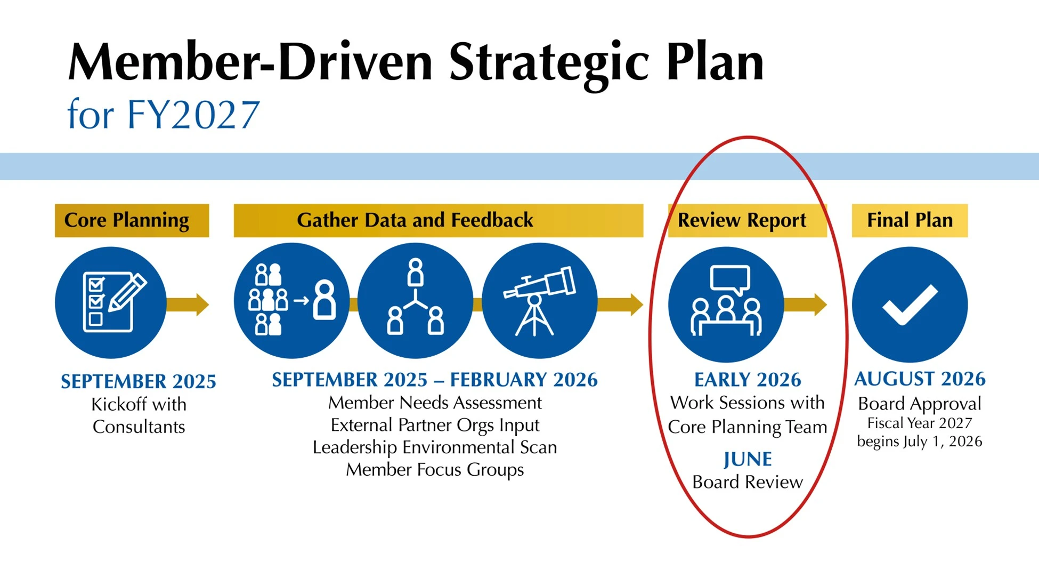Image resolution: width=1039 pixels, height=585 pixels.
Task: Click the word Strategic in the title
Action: click(548, 63)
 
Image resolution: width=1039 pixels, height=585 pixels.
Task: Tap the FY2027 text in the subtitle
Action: click(193, 115)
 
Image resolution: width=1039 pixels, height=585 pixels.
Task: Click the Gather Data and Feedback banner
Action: click(415, 220)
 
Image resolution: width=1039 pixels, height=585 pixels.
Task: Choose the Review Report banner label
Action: click(742, 220)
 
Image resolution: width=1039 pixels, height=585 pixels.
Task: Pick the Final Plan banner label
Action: click(910, 220)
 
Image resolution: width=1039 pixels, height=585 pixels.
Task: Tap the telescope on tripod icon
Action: click(539, 301)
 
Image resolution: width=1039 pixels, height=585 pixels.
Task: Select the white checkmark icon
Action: click(910, 304)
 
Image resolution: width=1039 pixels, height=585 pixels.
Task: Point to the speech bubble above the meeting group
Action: click(730, 279)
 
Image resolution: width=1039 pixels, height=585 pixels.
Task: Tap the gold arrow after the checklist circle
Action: click(188, 304)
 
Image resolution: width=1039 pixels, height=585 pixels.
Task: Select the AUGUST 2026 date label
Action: click(920, 379)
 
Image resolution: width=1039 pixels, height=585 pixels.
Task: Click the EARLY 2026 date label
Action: click(747, 380)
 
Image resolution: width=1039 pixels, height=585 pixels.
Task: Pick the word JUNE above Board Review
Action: click(747, 459)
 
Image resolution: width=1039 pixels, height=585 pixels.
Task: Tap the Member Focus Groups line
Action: click(435, 470)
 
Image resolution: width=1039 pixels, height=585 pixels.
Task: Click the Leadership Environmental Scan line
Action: click(435, 447)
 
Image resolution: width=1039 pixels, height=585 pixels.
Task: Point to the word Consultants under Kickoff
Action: click(139, 427)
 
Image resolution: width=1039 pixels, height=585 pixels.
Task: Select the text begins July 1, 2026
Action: click(919, 442)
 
